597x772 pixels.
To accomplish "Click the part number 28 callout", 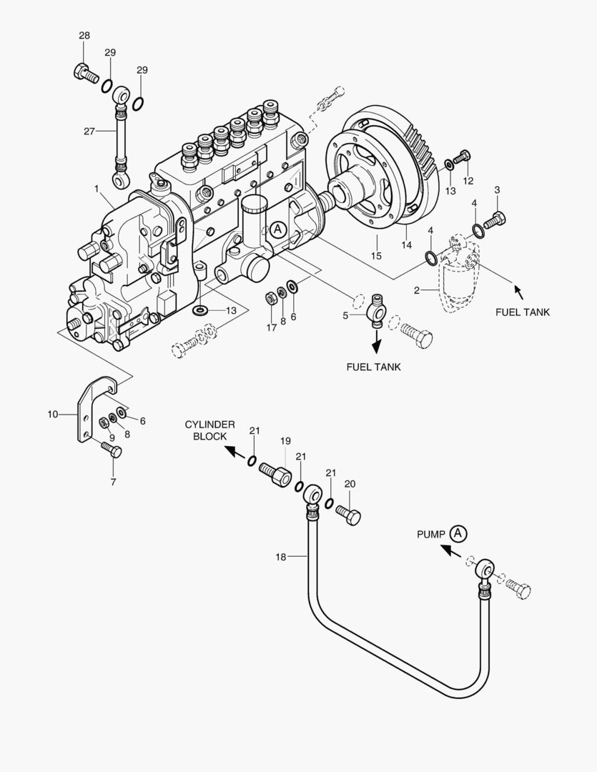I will click(84, 36).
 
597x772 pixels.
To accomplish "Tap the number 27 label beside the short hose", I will click(89, 132).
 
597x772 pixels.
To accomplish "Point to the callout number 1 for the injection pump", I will click(96, 189).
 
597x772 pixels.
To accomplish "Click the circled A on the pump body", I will click(277, 229).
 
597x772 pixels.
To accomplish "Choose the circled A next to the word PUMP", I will click(458, 533).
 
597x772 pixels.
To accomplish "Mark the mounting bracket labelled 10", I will click(89, 415).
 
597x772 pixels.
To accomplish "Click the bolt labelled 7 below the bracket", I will click(112, 450).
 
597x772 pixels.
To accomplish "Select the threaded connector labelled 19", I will click(276, 473).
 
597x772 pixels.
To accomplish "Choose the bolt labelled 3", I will click(495, 219).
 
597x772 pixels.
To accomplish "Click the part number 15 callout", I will click(376, 256).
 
